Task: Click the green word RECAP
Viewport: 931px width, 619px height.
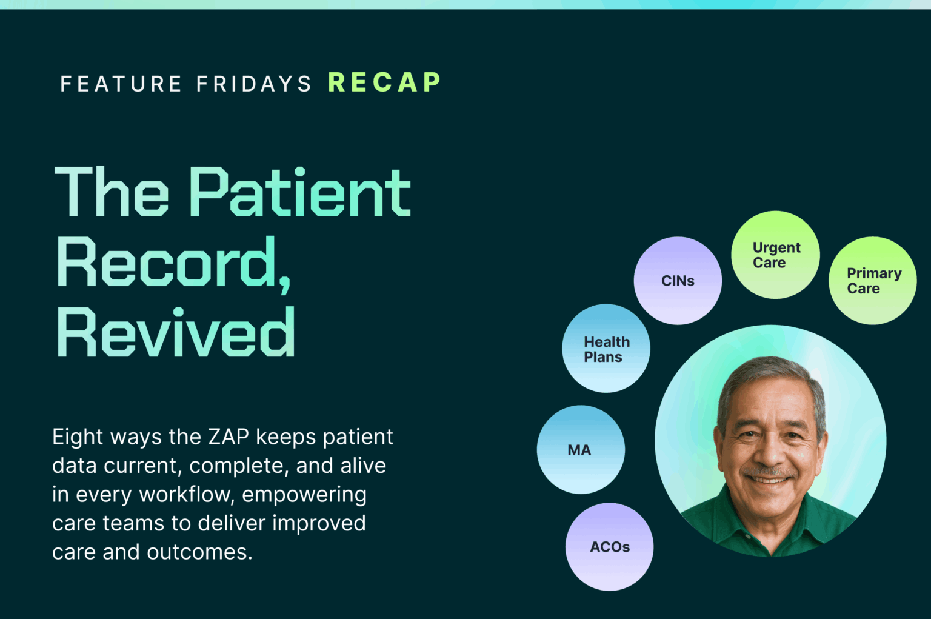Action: [x=384, y=82]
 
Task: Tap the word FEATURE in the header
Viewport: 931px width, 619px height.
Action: [x=121, y=84]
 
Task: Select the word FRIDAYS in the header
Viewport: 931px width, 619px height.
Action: [x=254, y=84]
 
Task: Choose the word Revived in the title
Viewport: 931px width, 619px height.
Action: [x=176, y=333]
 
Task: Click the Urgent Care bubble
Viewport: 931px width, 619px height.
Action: [x=775, y=255]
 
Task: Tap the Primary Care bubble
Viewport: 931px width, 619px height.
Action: [x=872, y=280]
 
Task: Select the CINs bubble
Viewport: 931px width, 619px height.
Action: [x=678, y=281]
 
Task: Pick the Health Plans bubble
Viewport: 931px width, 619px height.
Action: [x=606, y=349]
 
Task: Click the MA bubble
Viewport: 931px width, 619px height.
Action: [x=580, y=450]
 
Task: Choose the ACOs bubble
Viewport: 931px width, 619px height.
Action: [x=609, y=546]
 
